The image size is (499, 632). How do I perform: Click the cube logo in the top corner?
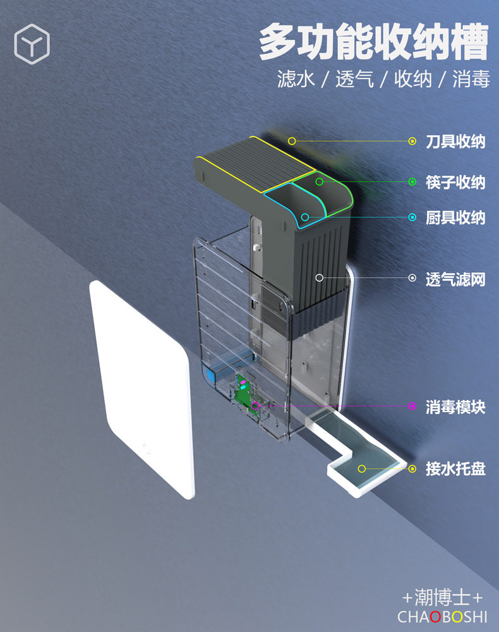point(32,44)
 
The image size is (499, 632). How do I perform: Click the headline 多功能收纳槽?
point(373,41)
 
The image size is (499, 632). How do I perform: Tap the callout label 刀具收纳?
point(455,142)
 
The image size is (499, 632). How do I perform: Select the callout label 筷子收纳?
point(455,182)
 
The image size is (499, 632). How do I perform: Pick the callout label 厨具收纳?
point(455,217)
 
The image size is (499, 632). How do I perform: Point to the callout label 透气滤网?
point(455,279)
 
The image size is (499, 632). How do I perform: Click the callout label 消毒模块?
point(455,406)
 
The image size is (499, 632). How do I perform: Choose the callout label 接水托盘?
point(455,469)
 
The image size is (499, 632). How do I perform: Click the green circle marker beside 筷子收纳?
point(412,182)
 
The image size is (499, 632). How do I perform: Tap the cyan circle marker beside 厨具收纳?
point(412,217)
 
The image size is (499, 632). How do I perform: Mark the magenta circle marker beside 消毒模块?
point(412,406)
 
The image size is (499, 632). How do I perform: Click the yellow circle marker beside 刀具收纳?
point(412,141)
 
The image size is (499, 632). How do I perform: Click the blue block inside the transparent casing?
point(210,373)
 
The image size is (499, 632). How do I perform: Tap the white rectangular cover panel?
point(141,389)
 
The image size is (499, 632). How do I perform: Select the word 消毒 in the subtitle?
point(471,78)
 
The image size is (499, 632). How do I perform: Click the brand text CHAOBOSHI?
point(442,617)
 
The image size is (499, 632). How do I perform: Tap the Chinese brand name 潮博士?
point(442,597)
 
